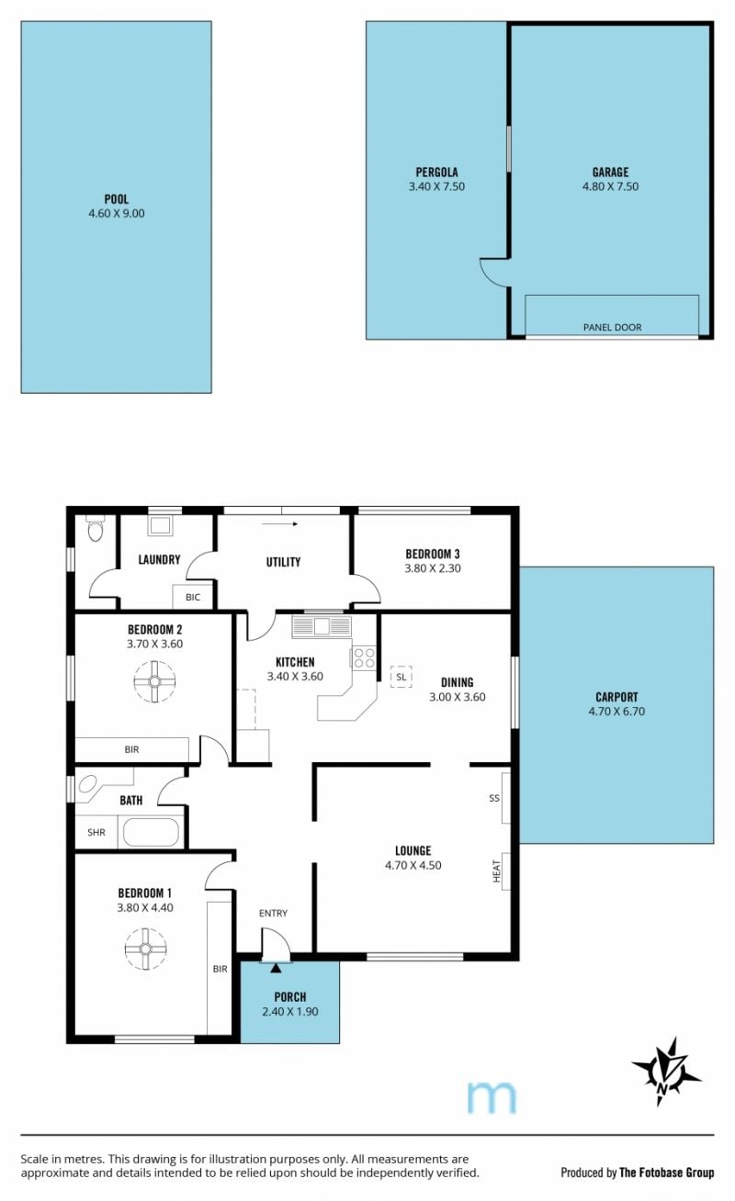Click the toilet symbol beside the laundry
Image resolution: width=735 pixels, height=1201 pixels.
(x=95, y=528)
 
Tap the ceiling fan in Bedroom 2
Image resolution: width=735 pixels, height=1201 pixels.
(x=154, y=681)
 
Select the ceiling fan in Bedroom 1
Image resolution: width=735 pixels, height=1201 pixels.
(x=145, y=948)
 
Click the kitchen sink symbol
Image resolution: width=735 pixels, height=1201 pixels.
(x=322, y=626)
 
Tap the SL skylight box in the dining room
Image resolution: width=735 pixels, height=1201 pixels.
(x=401, y=677)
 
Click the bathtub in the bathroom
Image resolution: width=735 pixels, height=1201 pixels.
(x=151, y=833)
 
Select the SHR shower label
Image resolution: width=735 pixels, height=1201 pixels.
(x=96, y=833)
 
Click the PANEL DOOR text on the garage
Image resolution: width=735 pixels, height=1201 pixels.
(x=612, y=327)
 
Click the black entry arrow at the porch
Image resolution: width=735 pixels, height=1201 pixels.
(x=276, y=968)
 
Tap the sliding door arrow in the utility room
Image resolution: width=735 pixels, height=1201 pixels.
(x=279, y=523)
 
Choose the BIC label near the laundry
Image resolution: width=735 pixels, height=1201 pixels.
(x=193, y=597)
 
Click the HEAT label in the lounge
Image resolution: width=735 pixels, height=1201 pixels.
(x=496, y=871)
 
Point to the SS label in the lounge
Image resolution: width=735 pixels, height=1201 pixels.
(x=494, y=798)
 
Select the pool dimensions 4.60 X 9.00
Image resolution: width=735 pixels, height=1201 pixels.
(x=117, y=213)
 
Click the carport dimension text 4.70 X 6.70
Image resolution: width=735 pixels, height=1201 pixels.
(x=616, y=712)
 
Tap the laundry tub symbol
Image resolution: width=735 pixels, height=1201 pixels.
(x=160, y=525)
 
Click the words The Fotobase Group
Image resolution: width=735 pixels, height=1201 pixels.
(x=666, y=1173)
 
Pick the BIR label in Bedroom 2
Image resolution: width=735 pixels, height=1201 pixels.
(x=131, y=749)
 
